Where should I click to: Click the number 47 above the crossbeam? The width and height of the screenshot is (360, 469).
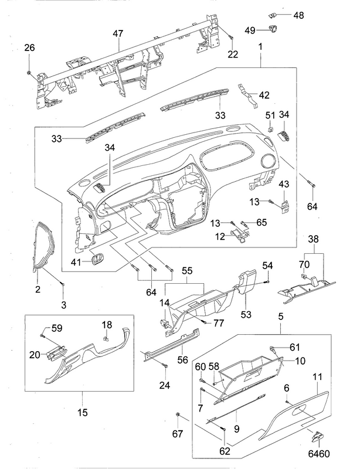point(118,35)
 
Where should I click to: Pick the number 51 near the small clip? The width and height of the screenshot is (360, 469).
point(270,115)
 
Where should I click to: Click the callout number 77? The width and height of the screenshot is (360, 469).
point(219,322)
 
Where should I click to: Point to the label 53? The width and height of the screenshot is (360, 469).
point(244,315)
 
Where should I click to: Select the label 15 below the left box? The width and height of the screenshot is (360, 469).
point(82,413)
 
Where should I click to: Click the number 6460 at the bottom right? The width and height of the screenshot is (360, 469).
point(319,454)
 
